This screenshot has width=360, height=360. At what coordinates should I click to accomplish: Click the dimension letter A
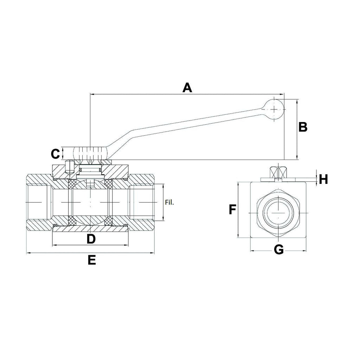pos(187,87)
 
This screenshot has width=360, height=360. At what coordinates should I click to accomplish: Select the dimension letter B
pos(303,127)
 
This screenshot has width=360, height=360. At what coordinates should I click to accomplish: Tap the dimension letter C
pos(55,154)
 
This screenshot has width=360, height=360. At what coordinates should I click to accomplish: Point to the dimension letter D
pos(91,239)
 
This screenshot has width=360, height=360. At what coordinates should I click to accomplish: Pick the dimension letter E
pos(91,260)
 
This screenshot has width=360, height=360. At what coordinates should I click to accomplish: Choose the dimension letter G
pos(278,250)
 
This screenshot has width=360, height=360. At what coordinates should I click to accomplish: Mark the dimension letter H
pos(324,179)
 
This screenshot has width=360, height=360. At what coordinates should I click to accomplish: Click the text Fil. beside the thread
pos(169,202)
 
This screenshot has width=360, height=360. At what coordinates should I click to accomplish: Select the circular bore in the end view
pos(278,213)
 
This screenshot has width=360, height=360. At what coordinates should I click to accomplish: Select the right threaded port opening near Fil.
pos(142,203)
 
